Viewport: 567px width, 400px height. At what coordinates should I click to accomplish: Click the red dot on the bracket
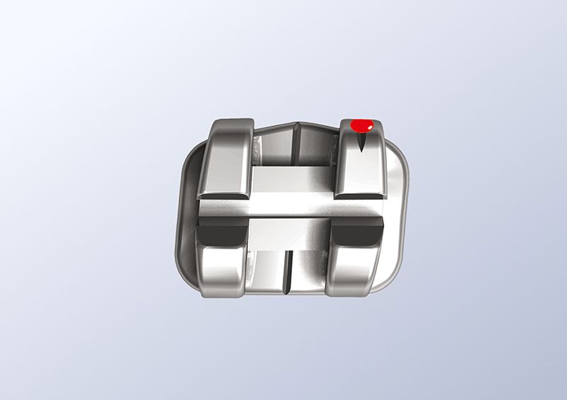[x=364, y=125]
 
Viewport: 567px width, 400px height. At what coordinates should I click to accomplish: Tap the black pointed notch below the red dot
[x=362, y=143]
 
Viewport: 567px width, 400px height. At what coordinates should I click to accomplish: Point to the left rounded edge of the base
[x=179, y=212]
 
